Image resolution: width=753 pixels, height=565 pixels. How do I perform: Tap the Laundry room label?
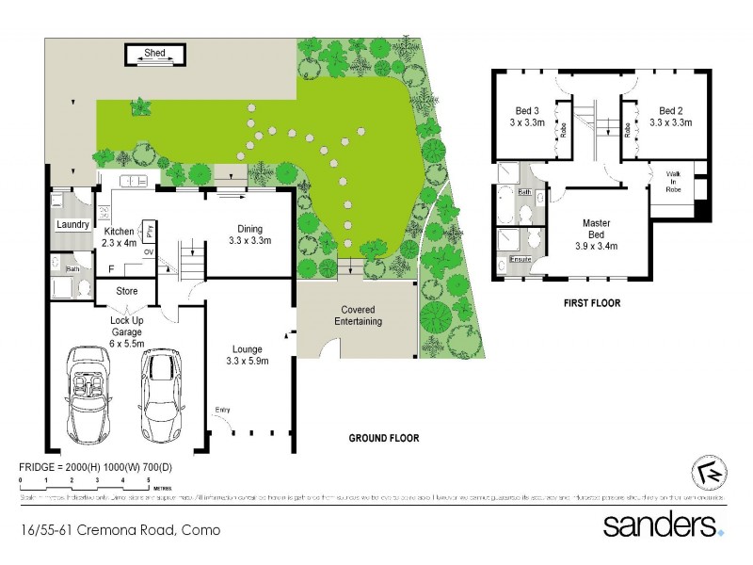pyautogui.click(x=72, y=224)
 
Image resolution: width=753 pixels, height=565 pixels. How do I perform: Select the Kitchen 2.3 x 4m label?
pyautogui.click(x=120, y=237)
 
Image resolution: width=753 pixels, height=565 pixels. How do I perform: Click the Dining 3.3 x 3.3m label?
pyautogui.click(x=249, y=234)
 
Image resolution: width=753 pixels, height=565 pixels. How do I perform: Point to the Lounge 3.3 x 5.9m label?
pyautogui.click(x=248, y=355)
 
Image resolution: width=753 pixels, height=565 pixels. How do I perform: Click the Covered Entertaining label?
pyautogui.click(x=356, y=316)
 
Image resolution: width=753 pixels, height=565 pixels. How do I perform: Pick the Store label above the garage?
pyautogui.click(x=127, y=291)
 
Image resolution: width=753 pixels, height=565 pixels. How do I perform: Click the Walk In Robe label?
pyautogui.click(x=674, y=181)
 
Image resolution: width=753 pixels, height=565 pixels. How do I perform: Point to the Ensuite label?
pyautogui.click(x=520, y=259)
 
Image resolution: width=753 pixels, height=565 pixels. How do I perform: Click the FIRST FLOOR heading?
pyautogui.click(x=590, y=304)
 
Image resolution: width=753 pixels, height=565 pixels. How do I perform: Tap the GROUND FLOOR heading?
pyautogui.click(x=384, y=439)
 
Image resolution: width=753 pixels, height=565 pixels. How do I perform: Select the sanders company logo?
pyautogui.click(x=664, y=525)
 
